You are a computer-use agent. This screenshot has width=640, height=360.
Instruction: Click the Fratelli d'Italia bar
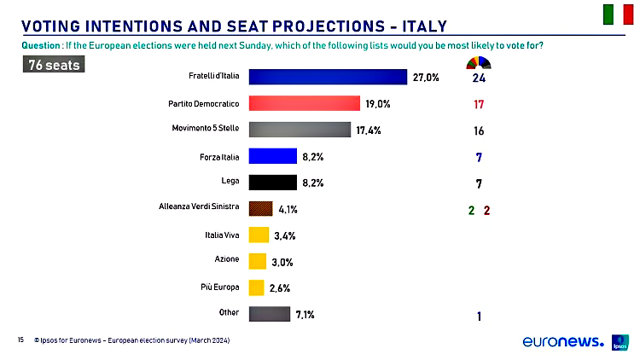327,77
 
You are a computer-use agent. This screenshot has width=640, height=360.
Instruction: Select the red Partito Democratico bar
304,103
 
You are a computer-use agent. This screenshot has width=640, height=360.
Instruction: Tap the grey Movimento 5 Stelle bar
300,130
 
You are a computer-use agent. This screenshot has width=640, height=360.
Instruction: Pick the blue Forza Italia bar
272,156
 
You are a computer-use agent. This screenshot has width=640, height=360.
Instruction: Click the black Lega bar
272,182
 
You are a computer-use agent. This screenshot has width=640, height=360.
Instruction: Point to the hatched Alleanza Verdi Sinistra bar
260,208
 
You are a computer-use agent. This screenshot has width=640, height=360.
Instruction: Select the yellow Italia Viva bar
259,235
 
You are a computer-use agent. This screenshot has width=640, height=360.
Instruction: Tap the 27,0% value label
426,78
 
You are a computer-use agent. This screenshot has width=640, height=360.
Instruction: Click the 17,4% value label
369,131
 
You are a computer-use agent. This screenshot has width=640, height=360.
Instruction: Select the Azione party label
226,258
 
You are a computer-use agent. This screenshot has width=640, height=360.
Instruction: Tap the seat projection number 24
479,78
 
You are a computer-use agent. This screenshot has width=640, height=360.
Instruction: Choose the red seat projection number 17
479,105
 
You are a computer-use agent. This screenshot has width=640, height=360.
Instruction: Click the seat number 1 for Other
479,316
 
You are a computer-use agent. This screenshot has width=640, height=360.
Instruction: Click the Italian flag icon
618,15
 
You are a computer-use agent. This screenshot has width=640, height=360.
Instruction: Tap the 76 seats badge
53,65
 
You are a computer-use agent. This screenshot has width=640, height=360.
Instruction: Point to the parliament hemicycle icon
479,61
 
